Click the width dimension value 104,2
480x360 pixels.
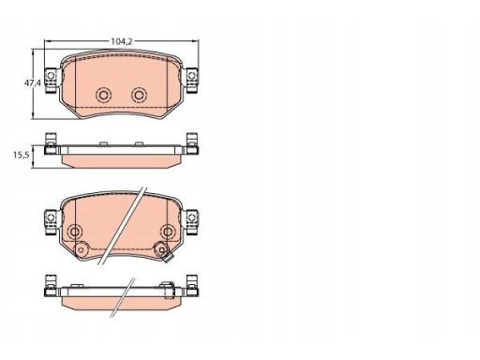[x=122, y=41]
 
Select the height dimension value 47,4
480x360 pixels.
[x=33, y=82]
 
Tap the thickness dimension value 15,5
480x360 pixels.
[x=22, y=155]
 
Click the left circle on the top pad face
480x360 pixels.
[x=103, y=95]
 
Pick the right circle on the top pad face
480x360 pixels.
[x=139, y=95]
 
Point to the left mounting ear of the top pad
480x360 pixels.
[x=52, y=81]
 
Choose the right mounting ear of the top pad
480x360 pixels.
[x=190, y=81]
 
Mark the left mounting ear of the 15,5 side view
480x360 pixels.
[x=51, y=143]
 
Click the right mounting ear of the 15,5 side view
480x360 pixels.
[x=191, y=143]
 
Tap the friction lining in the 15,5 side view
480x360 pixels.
[x=121, y=161]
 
